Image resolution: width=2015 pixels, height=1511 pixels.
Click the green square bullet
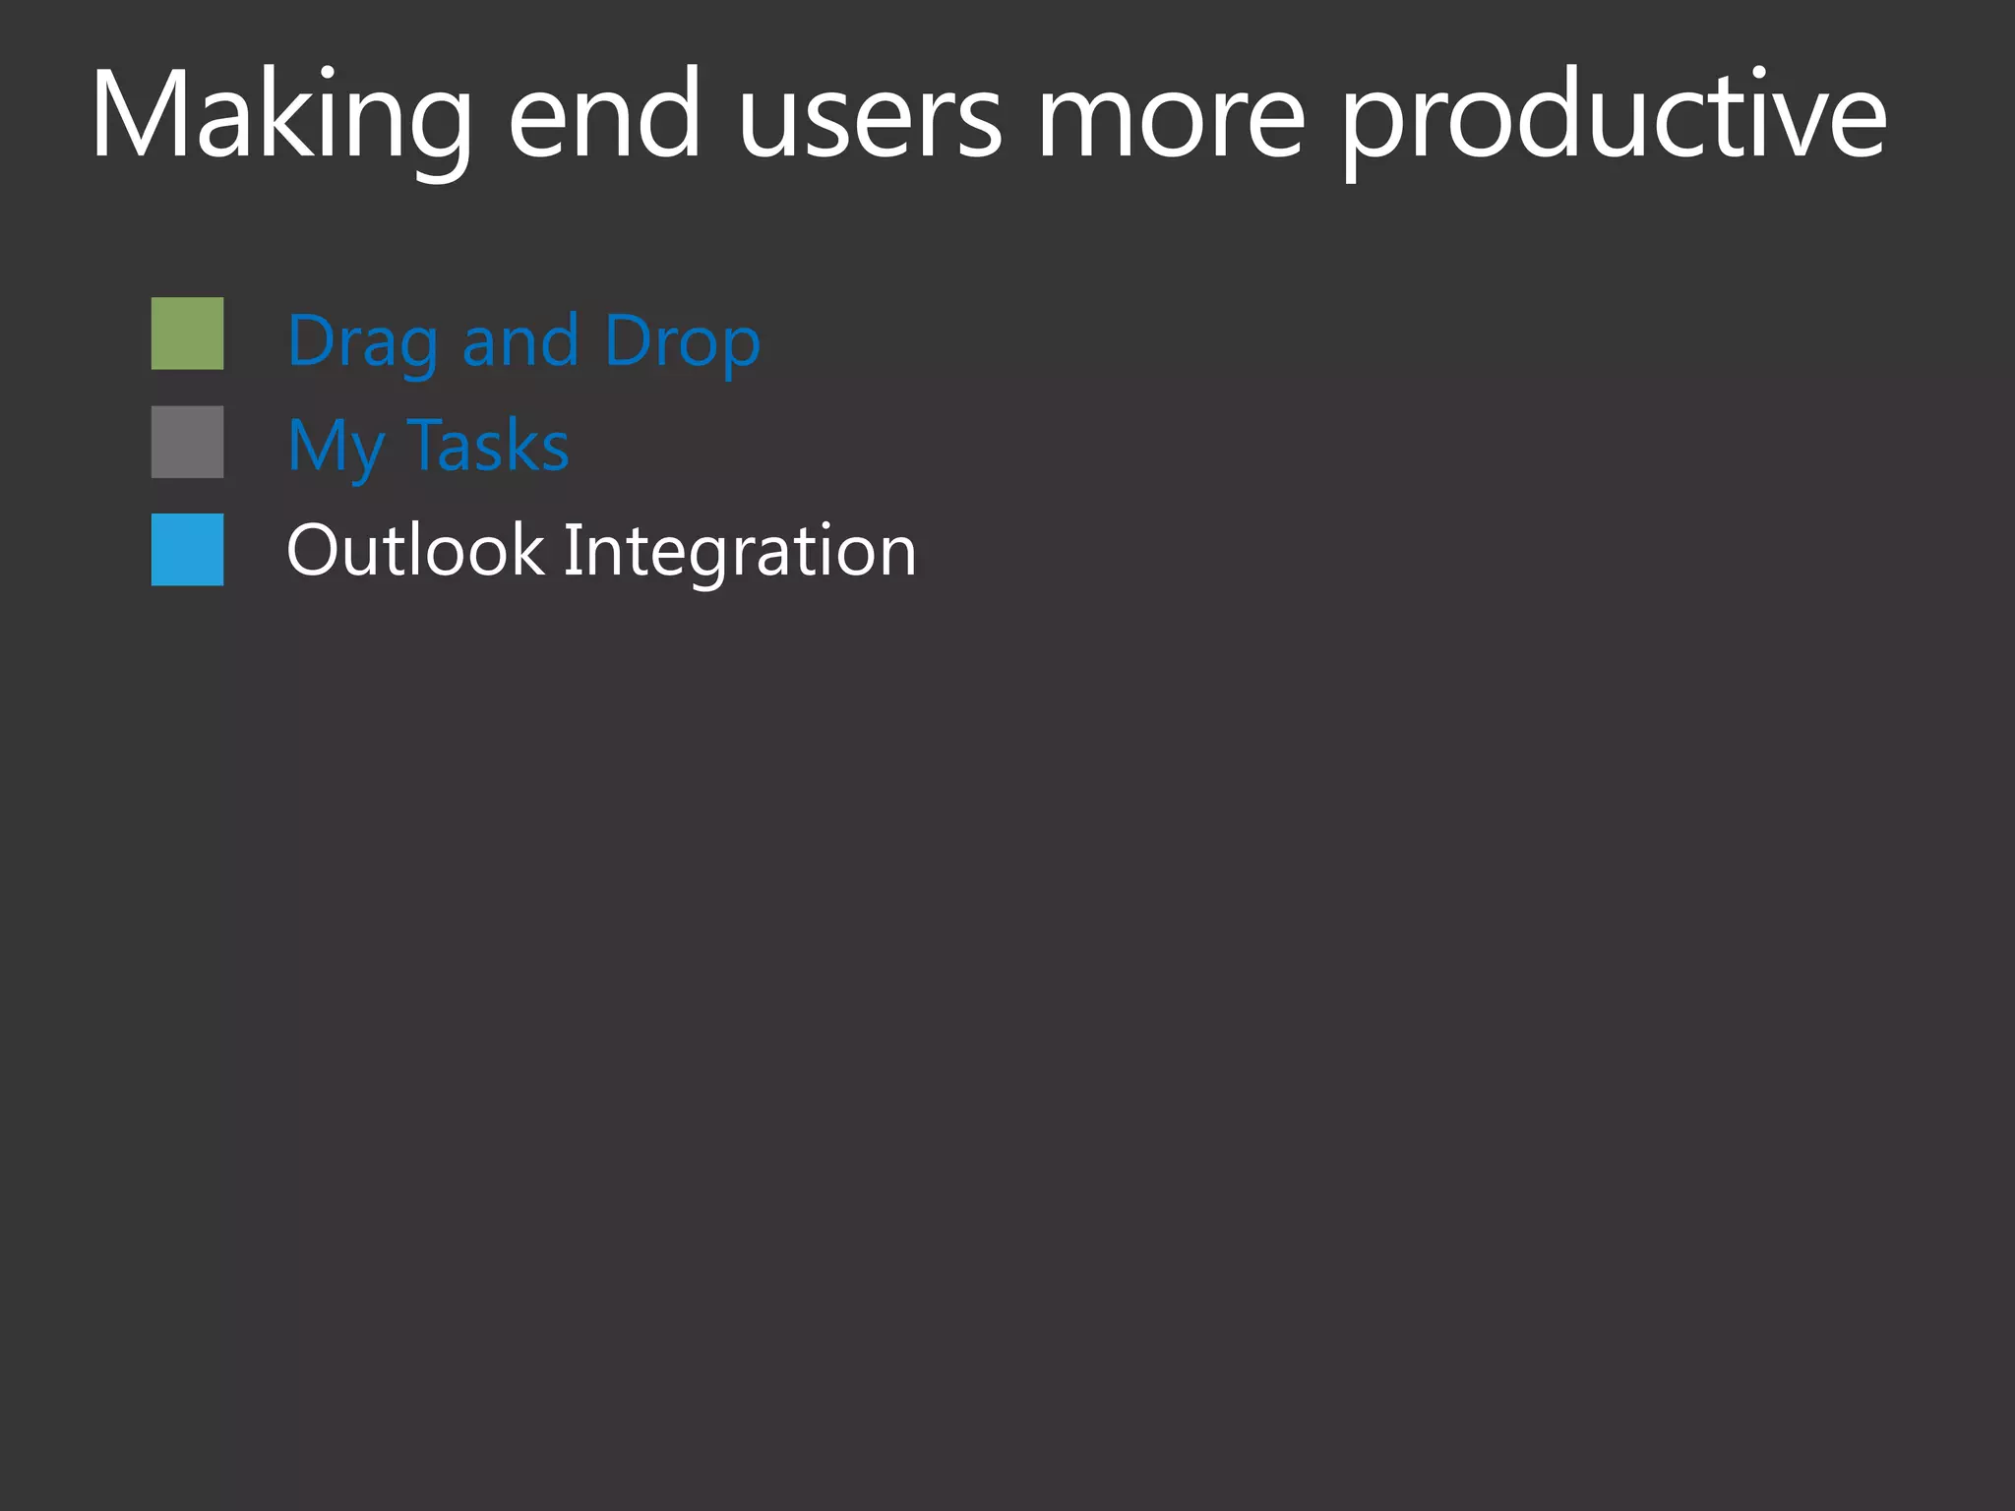coord(187,333)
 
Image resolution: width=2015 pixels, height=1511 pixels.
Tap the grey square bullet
coord(187,442)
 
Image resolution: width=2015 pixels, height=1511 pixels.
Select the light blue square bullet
coord(187,549)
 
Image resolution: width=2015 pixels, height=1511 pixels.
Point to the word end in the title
coord(604,116)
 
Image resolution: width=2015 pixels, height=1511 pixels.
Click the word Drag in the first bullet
coord(363,342)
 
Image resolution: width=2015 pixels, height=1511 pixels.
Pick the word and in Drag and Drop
coord(520,340)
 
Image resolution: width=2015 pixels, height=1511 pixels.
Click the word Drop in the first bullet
coord(682,342)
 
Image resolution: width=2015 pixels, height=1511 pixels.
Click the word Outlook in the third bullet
coord(414,550)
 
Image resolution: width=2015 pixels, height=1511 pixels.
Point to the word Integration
coord(739,551)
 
